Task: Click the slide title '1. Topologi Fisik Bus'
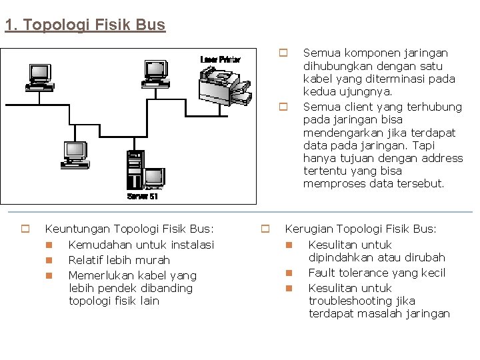[x=85, y=25]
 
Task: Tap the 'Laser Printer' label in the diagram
[x=221, y=60]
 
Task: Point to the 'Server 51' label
[x=143, y=196]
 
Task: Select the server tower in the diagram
[x=135, y=170]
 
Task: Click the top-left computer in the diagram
[x=40, y=76]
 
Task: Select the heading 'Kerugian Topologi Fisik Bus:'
[x=361, y=229]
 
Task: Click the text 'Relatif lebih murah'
[x=119, y=260]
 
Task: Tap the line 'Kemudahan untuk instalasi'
[x=141, y=245]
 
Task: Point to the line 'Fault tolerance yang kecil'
[x=377, y=273]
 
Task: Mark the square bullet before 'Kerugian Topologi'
[x=264, y=229]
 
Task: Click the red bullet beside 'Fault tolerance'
[x=289, y=273]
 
